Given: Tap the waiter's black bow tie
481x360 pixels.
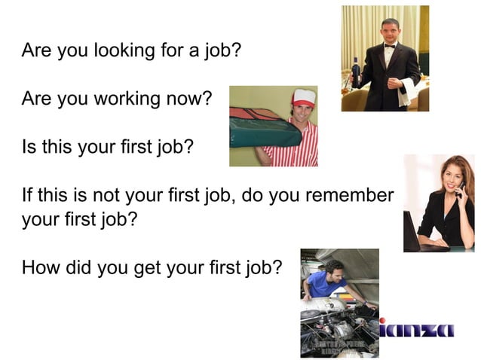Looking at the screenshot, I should pos(389,47).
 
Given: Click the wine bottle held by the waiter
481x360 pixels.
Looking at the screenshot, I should pos(356,73).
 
